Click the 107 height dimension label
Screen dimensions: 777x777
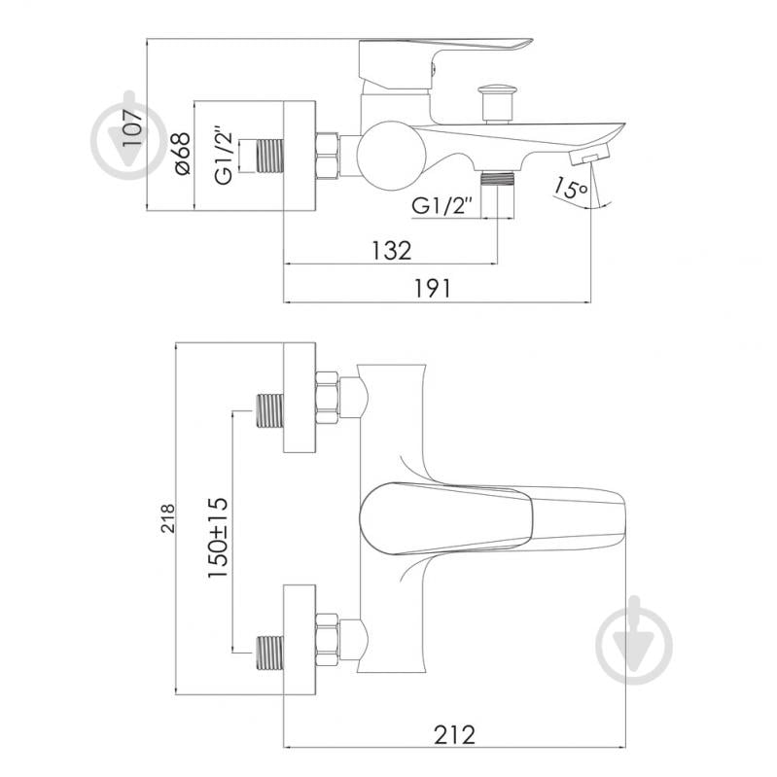[132, 127]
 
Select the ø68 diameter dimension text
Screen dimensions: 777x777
[182, 154]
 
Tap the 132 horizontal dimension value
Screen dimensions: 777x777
[392, 251]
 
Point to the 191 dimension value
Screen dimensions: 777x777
[433, 289]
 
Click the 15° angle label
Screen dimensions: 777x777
[570, 188]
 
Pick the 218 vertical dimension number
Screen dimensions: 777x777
[168, 517]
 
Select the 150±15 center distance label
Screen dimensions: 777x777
[218, 537]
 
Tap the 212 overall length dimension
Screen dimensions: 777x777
[454, 735]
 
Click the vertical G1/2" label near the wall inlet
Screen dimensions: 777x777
[224, 159]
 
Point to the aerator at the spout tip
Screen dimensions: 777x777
[588, 155]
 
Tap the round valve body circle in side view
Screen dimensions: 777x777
[392, 156]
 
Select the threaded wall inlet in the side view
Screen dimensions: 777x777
[269, 156]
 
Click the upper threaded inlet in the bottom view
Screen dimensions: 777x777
[269, 410]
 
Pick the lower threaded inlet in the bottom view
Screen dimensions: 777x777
[269, 652]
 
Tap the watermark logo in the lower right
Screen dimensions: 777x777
[634, 640]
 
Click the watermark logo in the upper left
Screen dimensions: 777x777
[129, 135]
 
